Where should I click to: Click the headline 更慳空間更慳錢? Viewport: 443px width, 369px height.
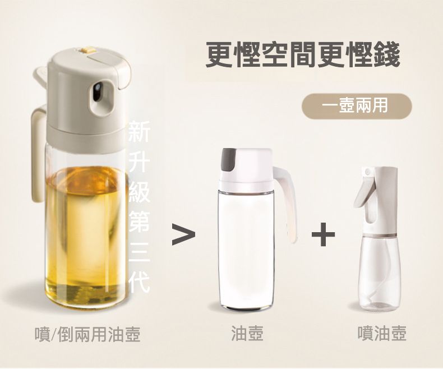pos(303,54)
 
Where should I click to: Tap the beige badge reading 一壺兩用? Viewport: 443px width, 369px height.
pos(357,106)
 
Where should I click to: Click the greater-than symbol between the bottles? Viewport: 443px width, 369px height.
pos(183,234)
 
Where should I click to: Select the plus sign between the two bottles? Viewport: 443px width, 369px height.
pos(323,234)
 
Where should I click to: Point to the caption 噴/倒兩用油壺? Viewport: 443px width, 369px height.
pos(87,334)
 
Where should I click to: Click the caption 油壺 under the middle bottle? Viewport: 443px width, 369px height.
pos(247,334)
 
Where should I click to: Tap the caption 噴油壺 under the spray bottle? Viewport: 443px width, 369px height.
pos(382,334)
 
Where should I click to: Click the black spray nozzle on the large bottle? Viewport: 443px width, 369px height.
pos(98,92)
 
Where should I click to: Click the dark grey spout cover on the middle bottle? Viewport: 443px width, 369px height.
pos(229,159)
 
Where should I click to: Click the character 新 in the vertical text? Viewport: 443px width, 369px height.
pos(139,132)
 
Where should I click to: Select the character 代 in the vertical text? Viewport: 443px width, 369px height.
pos(139,282)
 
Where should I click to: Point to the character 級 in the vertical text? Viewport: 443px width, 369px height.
pos(139,192)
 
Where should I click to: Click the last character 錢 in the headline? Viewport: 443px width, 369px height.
pos(386,54)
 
